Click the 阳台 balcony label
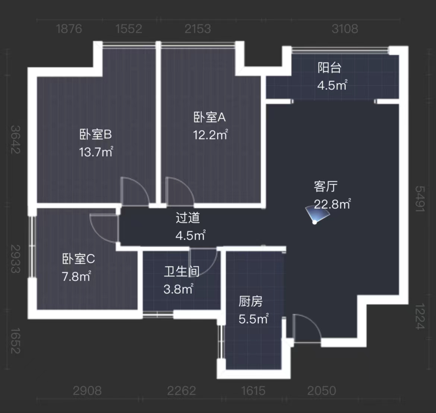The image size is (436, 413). (x=329, y=68)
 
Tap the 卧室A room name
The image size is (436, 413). (x=209, y=117)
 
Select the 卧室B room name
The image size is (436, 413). (x=96, y=134)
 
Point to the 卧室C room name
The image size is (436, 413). (x=78, y=259)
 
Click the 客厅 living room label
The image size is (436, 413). (x=326, y=186)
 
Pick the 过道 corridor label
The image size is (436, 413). (x=188, y=218)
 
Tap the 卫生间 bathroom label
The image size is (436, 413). (x=181, y=271)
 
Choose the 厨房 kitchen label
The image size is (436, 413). (x=250, y=301)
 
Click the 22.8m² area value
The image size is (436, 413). (x=332, y=204)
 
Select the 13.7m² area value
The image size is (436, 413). (x=96, y=152)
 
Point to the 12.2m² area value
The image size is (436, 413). (x=210, y=135)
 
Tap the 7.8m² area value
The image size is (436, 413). (x=76, y=277)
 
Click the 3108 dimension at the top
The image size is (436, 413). (x=345, y=29)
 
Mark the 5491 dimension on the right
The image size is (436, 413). (x=420, y=199)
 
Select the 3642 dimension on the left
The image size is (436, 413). (x=15, y=139)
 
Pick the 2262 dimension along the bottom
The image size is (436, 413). (x=181, y=391)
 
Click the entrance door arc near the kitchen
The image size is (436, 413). (x=307, y=328)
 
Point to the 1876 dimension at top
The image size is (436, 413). (x=69, y=29)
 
